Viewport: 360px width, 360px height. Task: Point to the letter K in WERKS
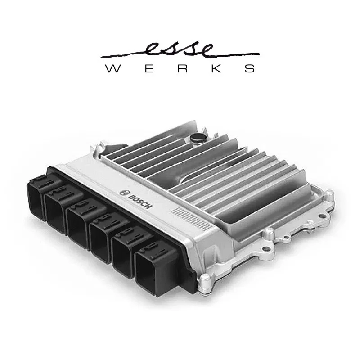click(x=214, y=69)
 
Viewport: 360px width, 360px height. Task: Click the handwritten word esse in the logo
click(x=180, y=49)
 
